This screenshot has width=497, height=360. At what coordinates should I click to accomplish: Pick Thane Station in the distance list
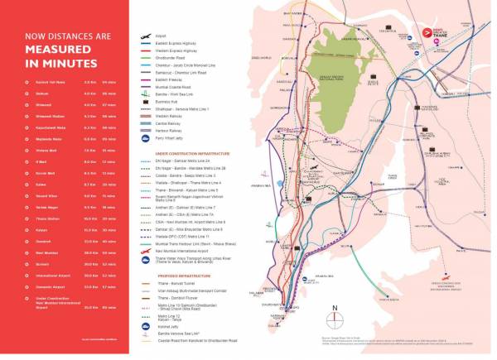[x=37, y=218]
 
